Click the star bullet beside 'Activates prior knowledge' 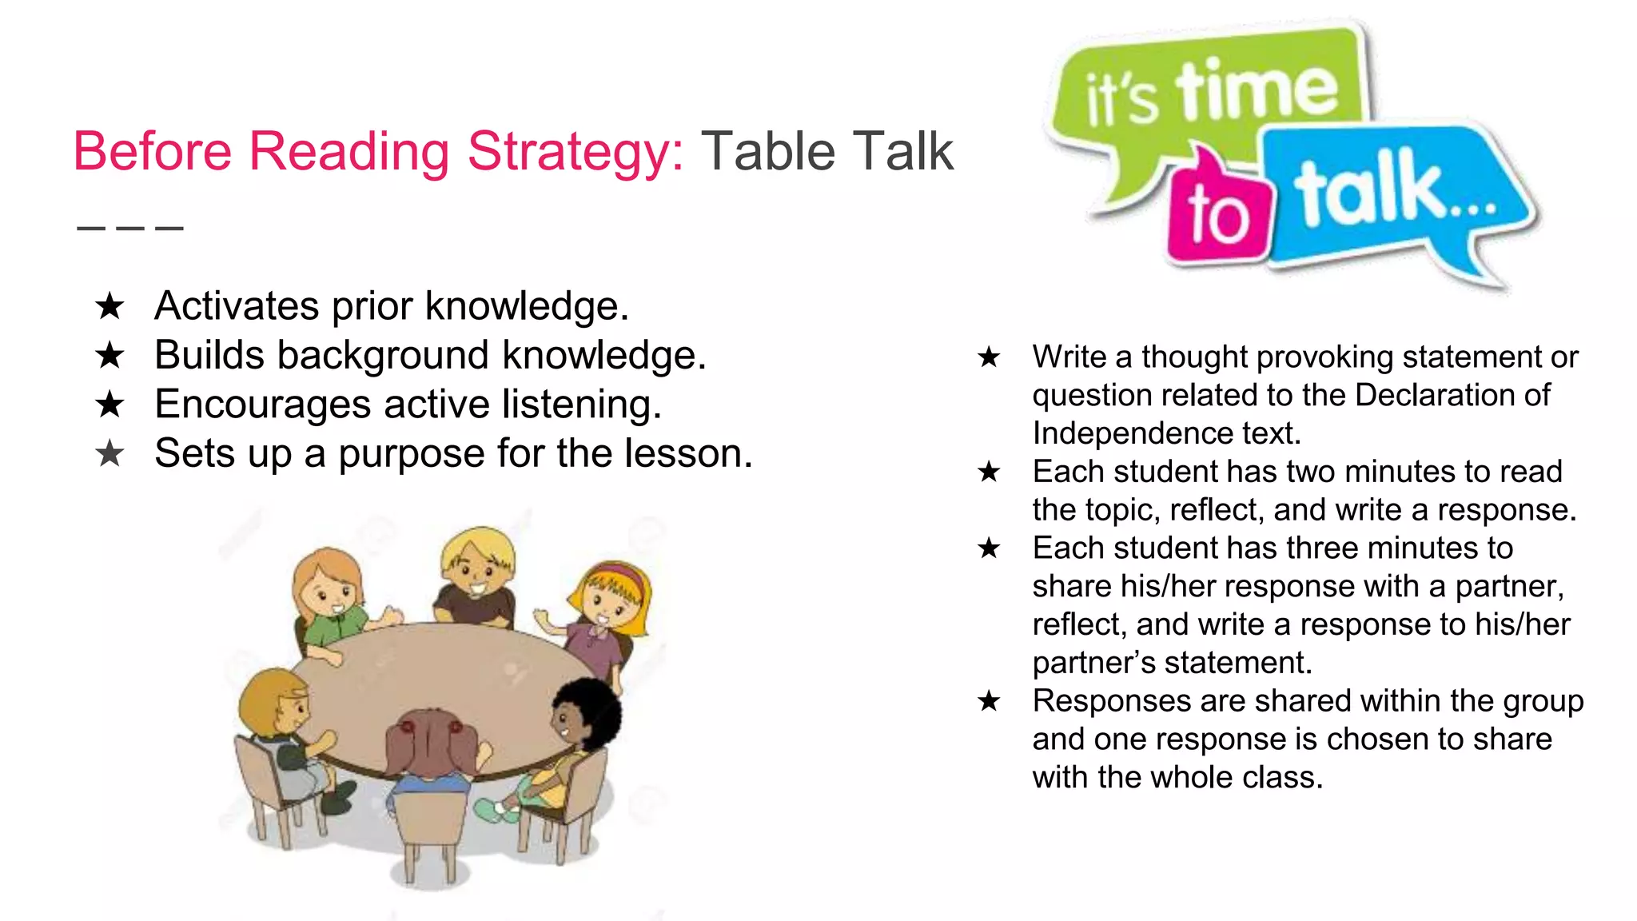pyautogui.click(x=110, y=306)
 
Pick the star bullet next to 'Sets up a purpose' pyautogui.click(x=110, y=454)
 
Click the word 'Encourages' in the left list pyautogui.click(x=262, y=405)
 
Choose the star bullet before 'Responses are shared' pyautogui.click(x=989, y=701)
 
